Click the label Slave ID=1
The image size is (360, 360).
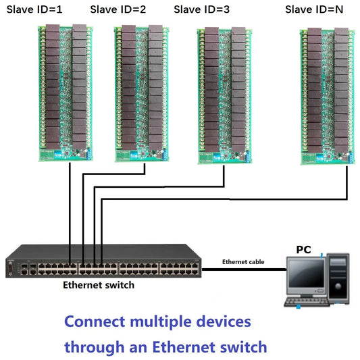pos(39,9)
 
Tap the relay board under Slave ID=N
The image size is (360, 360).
pos(326,95)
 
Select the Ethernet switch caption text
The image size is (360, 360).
pos(99,285)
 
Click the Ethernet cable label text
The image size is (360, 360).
pos(243,261)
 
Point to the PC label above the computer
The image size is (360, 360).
pos(303,250)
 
